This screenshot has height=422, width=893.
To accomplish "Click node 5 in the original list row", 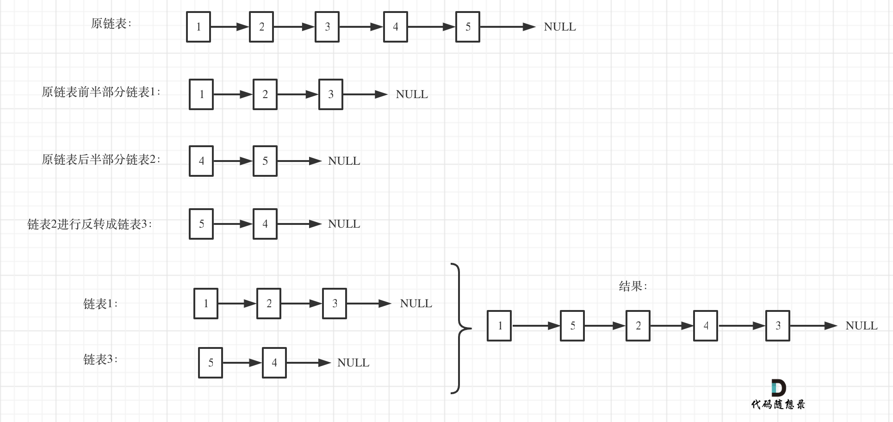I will point(467,27).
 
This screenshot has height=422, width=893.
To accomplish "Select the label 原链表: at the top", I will point(111,24).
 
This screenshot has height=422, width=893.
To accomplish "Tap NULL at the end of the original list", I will point(560,27).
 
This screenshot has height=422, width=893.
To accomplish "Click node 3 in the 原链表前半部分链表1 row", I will point(330,94).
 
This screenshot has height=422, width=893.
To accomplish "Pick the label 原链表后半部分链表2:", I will point(101,160).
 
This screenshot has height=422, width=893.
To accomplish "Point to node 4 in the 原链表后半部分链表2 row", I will point(201,161).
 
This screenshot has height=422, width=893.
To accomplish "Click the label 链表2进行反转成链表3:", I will point(90,224).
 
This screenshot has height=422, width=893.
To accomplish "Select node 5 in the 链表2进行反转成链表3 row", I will point(201,224).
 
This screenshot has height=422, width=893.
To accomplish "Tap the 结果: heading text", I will point(633,286).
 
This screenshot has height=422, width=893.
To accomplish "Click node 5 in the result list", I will point(572,326).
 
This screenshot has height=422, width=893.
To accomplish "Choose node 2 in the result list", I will point(638,326).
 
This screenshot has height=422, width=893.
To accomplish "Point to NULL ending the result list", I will point(861,326).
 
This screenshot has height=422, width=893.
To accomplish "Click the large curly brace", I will point(459,329).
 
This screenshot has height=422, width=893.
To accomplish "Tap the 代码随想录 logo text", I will point(778,404).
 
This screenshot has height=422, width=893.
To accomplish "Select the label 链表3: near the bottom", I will point(100,360).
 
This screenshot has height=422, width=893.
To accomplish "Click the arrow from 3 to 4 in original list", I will point(361,27).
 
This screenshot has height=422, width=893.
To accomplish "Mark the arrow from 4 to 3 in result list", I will point(741,326).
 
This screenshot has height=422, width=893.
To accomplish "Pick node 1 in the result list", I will point(499,326).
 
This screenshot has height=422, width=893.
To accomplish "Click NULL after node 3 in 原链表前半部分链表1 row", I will point(412,94).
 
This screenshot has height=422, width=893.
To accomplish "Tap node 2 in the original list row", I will point(261,27).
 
